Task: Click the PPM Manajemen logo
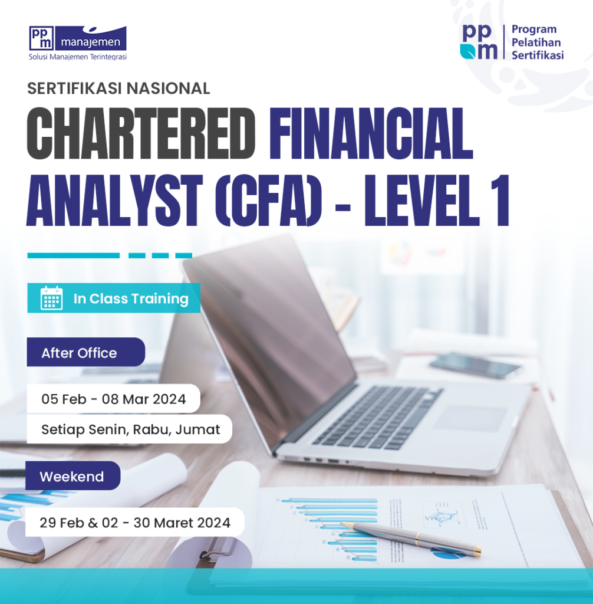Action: coord(77,38)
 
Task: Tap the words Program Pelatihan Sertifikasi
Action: coord(537,42)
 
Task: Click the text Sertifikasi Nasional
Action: coord(118,88)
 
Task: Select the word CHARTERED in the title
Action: coord(140,133)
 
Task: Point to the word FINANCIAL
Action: coord(371,133)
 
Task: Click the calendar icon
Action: coord(51,298)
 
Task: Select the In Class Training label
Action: coord(130,298)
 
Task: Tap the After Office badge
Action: coord(79,353)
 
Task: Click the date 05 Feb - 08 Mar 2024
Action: coord(113,399)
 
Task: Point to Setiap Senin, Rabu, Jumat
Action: coord(130,429)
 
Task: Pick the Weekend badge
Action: coord(71,476)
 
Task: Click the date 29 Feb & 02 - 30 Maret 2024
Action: coord(134,522)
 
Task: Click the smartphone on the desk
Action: coord(476,366)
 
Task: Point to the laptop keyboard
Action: coord(377,416)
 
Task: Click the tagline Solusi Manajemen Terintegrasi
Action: coord(77,57)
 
